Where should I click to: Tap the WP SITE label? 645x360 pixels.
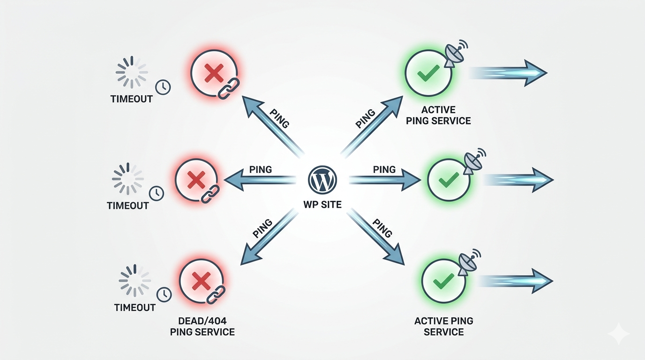click(x=322, y=205)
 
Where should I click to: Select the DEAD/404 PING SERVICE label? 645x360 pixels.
click(x=202, y=326)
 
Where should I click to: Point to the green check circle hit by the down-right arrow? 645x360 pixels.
click(x=443, y=281)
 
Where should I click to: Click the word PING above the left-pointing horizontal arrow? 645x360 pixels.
click(x=261, y=169)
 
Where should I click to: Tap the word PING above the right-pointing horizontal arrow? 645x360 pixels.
click(x=384, y=169)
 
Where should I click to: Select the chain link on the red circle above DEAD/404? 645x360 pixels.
click(x=216, y=294)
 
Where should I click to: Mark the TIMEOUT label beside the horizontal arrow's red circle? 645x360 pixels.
click(x=127, y=205)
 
